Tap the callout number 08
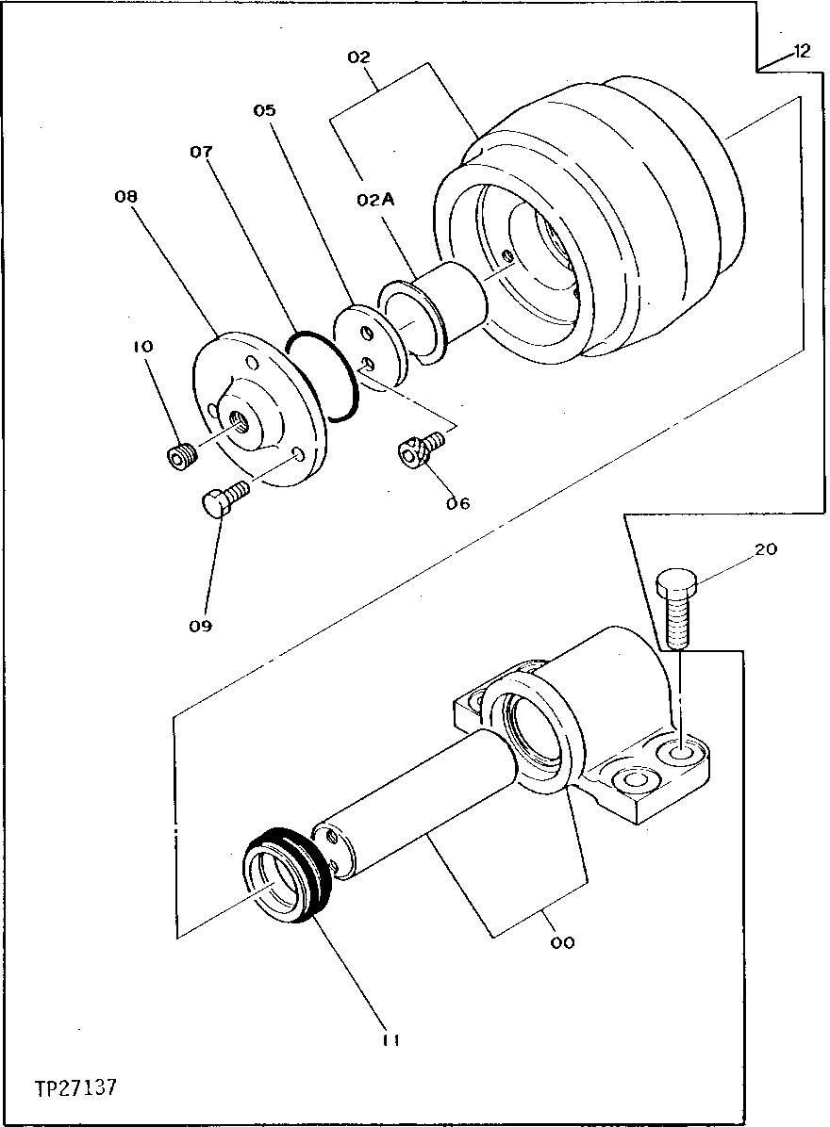click(125, 197)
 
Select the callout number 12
click(801, 53)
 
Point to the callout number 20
click(766, 549)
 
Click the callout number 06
click(459, 502)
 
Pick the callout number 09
click(199, 625)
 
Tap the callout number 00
click(563, 941)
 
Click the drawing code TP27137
click(75, 1088)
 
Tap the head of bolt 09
click(217, 503)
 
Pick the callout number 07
click(201, 151)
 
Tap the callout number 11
click(391, 1040)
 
